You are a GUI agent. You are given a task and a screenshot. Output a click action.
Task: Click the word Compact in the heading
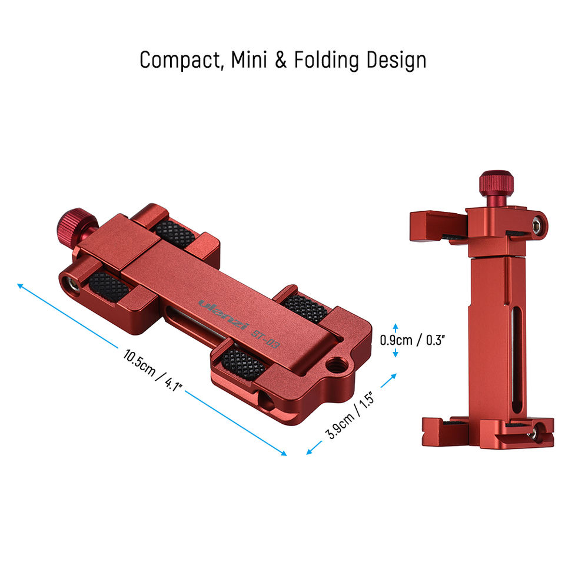pos(180,60)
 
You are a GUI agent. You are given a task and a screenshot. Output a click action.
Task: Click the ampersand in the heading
pos(281,60)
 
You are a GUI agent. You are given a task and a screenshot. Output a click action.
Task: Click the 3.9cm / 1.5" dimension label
pos(350,415)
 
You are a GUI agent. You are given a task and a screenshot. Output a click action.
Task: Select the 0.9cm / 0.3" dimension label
pos(413,340)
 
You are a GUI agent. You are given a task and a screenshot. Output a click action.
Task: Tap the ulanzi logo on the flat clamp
pos(224,314)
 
